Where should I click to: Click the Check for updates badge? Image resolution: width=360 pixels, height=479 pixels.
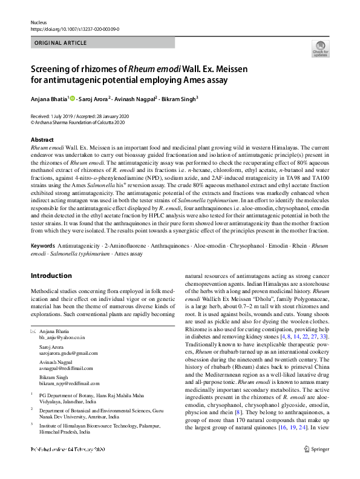click(320, 50)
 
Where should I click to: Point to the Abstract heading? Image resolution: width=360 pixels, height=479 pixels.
click(42, 140)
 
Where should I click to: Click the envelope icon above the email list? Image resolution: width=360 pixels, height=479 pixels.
click(33, 331)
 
